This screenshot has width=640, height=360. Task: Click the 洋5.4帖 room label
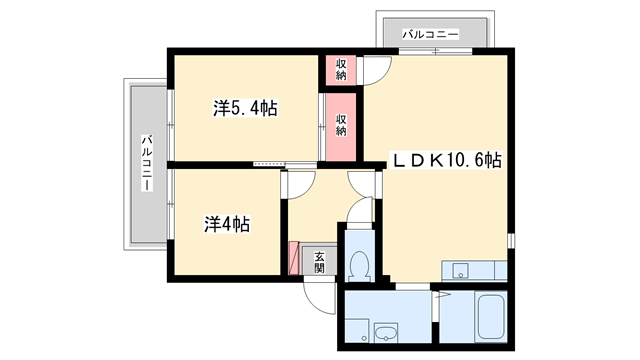tap(245, 109)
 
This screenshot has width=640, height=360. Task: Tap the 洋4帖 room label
tap(227, 224)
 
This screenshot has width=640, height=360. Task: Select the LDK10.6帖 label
tap(447, 160)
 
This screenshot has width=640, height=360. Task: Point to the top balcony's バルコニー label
tap(431, 34)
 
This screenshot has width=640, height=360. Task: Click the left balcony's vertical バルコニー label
tap(147, 162)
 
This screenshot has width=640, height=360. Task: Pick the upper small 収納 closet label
tap(341, 69)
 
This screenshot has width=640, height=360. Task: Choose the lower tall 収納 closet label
tap(341, 125)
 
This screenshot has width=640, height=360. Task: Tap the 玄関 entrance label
tap(319, 262)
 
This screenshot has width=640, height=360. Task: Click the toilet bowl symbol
tap(360, 265)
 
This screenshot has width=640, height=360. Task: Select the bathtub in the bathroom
tap(491, 317)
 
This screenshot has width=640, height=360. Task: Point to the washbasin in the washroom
tap(386, 333)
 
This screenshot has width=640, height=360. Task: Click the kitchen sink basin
tap(460, 270)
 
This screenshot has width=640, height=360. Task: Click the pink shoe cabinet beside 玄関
tap(294, 258)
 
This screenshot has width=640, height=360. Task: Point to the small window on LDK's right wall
tap(511, 240)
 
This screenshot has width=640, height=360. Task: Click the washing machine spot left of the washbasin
tap(357, 331)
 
